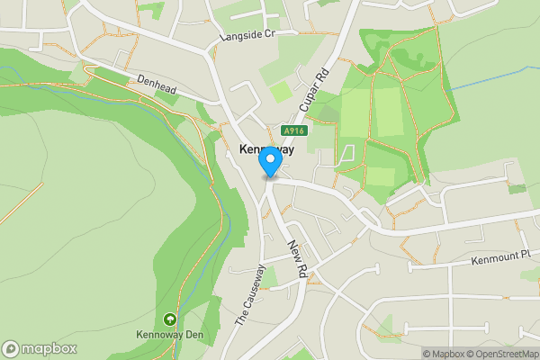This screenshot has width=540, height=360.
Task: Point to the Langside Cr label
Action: tap(246, 37)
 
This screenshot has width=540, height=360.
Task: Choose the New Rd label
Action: tap(298, 258)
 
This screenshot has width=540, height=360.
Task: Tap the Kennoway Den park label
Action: tap(169, 335)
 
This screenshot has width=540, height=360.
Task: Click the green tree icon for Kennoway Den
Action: tap(169, 319)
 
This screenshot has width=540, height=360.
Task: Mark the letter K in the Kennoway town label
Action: tap(244, 150)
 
